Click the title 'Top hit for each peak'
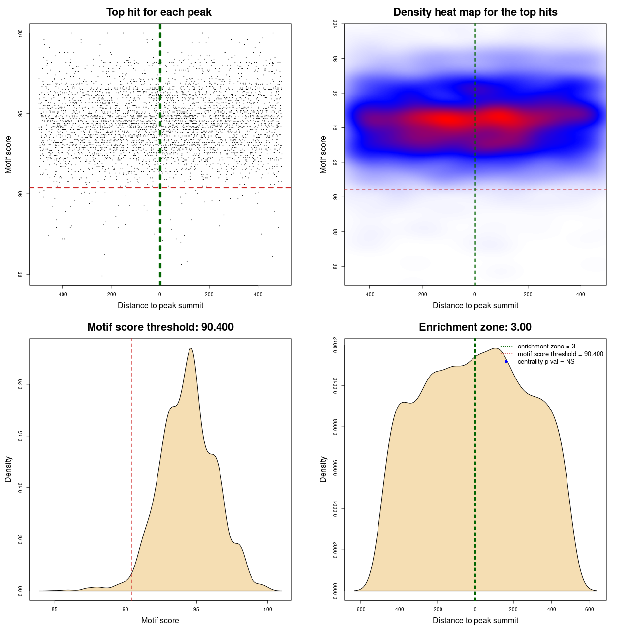click(158, 12)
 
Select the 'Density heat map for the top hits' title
click(475, 12)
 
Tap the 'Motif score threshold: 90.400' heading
click(160, 327)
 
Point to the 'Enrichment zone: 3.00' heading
click(475, 327)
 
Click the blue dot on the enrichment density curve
click(506, 362)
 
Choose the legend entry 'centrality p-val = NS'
click(546, 362)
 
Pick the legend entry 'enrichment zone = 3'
click(546, 346)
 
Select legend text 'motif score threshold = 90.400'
click(560, 354)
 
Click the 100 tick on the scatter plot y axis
click(21, 33)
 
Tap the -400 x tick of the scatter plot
click(62, 294)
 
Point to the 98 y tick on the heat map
click(336, 59)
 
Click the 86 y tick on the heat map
click(336, 266)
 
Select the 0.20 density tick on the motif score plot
click(21, 384)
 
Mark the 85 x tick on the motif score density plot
click(55, 609)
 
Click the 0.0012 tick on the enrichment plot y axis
click(336, 345)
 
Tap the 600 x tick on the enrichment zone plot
click(589, 609)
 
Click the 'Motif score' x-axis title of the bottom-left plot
click(160, 620)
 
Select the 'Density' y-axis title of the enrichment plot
click(323, 469)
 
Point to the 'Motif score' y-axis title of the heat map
click(323, 155)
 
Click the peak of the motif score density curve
click(190, 348)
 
